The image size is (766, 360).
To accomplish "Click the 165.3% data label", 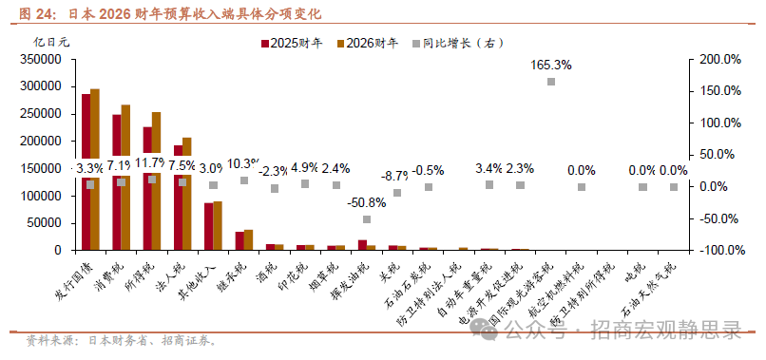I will tap(550, 65).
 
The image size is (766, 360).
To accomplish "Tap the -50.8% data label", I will tap(367, 201).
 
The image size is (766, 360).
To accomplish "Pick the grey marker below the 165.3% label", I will tap(551, 82).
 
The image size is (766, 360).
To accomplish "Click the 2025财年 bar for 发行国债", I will tap(86, 171).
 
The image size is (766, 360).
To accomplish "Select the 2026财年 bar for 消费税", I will tap(125, 177).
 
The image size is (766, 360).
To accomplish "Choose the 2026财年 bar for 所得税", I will tap(156, 180).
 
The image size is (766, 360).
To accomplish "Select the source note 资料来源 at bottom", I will tap(119, 340).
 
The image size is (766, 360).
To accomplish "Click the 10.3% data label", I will tap(244, 162).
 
